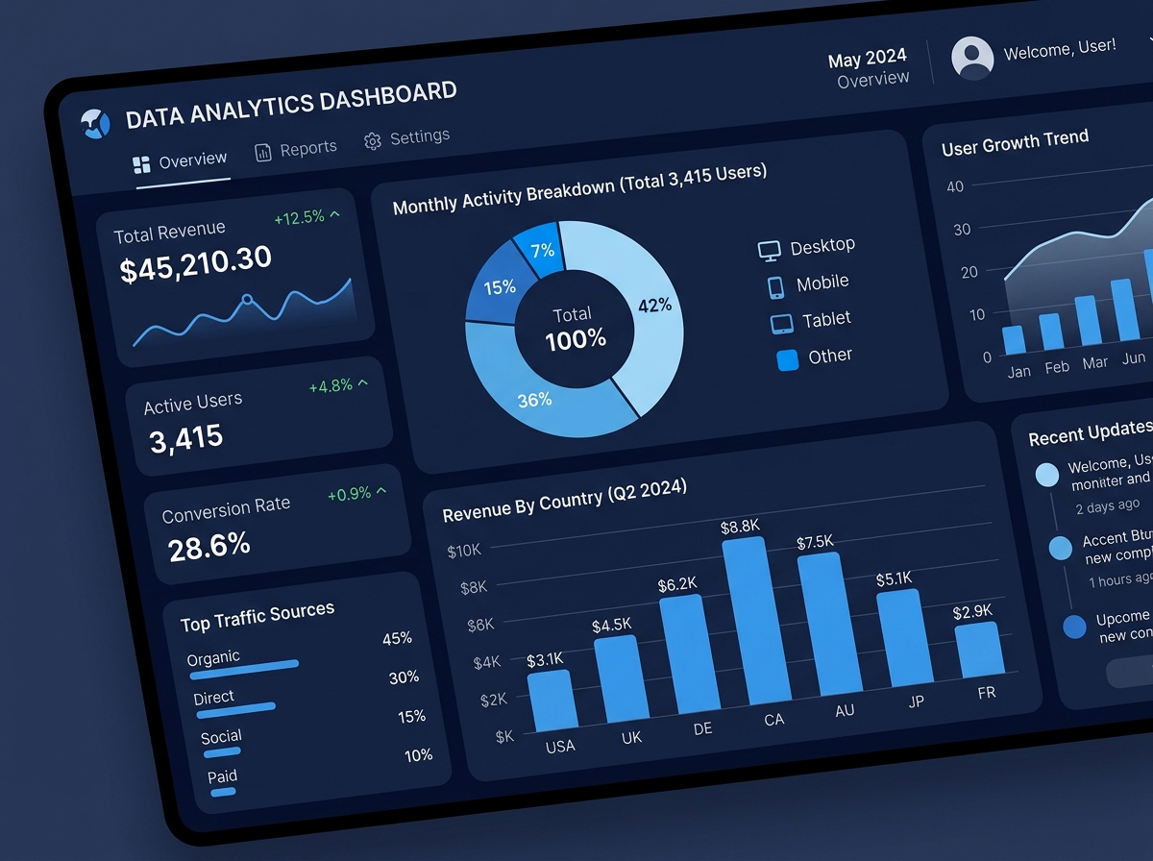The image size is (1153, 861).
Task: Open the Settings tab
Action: coord(407,138)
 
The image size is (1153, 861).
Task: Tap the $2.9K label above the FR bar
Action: coord(972,611)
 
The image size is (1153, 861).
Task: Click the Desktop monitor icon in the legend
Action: coord(770,251)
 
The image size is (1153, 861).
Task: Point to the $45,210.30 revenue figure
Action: coord(196,263)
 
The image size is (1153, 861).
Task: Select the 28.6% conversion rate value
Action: coord(209,546)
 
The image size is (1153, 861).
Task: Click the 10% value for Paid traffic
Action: coord(418,755)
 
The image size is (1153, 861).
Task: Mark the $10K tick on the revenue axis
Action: coord(465,552)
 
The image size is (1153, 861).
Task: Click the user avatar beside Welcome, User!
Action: coord(972,58)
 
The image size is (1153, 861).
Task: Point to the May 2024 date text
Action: coord(868,60)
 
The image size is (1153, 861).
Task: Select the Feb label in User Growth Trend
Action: coord(1057,367)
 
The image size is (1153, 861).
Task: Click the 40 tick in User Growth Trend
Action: coord(954,186)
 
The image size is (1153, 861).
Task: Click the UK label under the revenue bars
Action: coord(631,738)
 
